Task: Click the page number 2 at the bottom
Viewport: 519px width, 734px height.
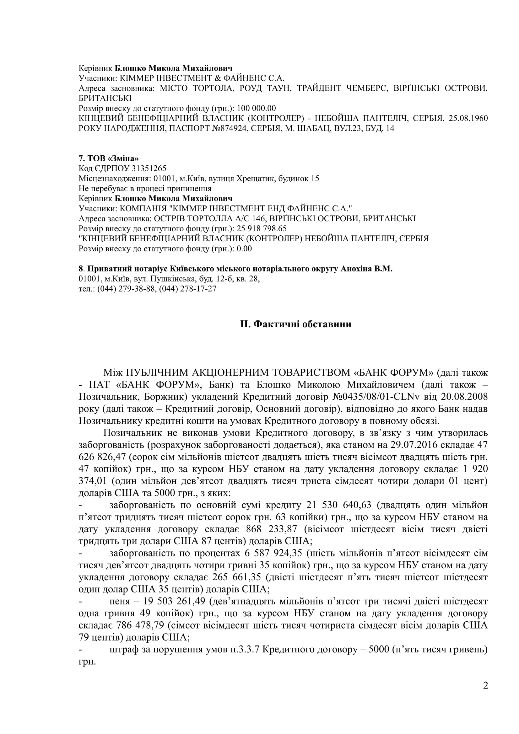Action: coord(485,695)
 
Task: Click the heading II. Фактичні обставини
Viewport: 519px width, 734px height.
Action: coord(296,324)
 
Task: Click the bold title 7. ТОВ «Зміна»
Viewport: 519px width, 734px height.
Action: coord(109,158)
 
